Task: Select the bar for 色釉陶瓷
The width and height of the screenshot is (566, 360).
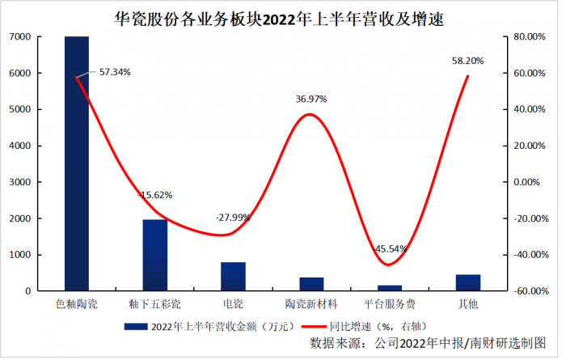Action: pyautogui.click(x=77, y=162)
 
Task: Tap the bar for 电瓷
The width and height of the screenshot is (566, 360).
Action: pyautogui.click(x=233, y=276)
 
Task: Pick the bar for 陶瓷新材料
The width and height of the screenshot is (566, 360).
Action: pyautogui.click(x=311, y=284)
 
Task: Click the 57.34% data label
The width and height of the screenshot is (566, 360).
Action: pyautogui.click(x=115, y=72)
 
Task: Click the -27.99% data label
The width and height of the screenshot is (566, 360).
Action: pyautogui.click(x=233, y=218)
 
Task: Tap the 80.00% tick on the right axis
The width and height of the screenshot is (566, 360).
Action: pyautogui.click(x=530, y=37)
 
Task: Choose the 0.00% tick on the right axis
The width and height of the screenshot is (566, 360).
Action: pyautogui.click(x=530, y=182)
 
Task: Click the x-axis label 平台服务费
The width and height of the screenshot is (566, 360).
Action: pyautogui.click(x=390, y=304)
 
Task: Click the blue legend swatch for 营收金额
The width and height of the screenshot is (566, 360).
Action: pyautogui.click(x=135, y=326)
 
